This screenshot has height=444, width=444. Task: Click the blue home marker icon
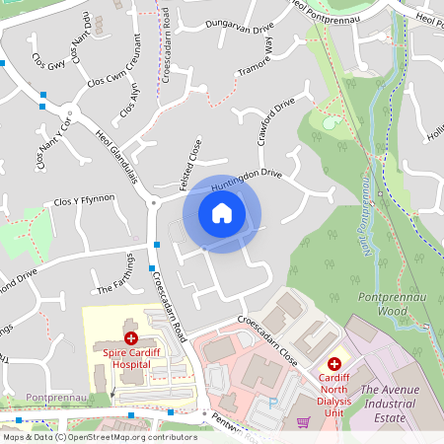coord(222,213)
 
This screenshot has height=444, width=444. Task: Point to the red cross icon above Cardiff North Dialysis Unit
coord(333,364)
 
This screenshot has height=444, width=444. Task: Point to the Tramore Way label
coord(255,61)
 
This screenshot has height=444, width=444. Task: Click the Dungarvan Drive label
coord(239,29)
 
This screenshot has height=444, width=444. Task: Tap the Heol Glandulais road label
coord(117,154)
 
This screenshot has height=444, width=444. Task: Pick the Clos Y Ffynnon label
coord(84,199)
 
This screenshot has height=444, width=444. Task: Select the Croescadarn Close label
coord(267,328)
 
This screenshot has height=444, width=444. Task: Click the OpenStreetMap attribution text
coord(99,437)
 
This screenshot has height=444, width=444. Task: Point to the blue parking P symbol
coord(273,404)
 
